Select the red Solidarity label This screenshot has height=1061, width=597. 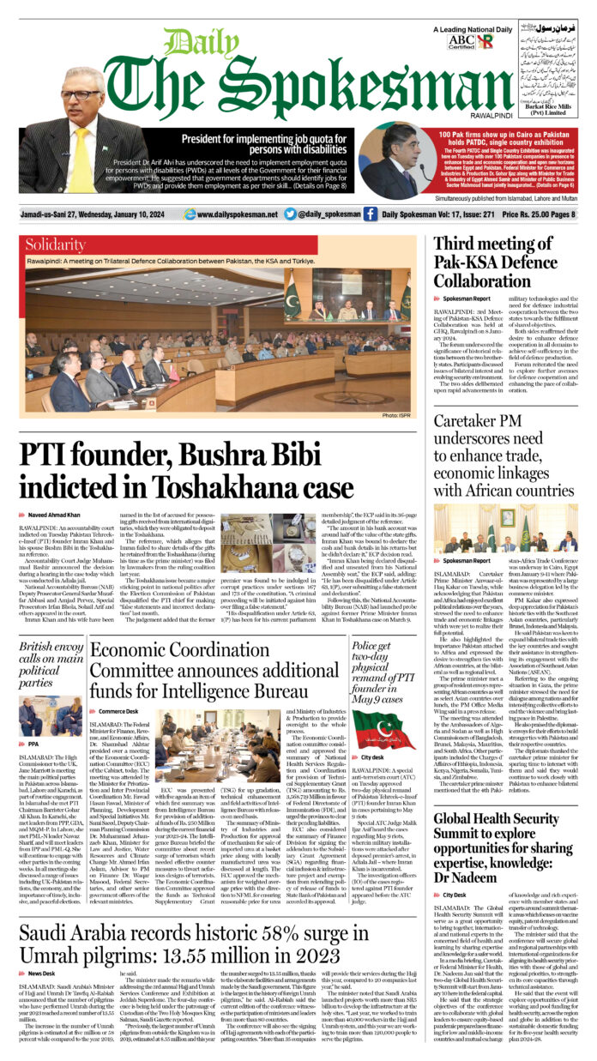(55, 244)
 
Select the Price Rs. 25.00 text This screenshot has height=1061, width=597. (529, 214)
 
